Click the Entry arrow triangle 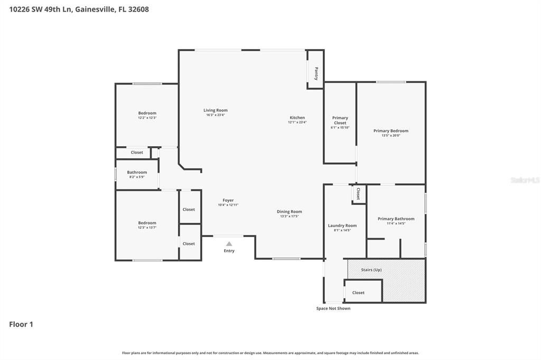coord(229,244)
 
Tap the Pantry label coord(316,73)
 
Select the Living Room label coord(216,110)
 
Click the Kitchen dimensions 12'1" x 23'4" coord(297,122)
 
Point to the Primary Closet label coord(340,120)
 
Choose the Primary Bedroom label coord(390,131)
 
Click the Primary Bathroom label coord(396,219)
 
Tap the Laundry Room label coord(342,225)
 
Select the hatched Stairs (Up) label coord(371,270)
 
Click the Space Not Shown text coord(333,308)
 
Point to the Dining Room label coord(289,212)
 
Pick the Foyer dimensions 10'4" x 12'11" coord(228,205)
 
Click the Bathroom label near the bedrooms coord(137,172)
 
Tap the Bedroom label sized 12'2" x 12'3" coord(147,113)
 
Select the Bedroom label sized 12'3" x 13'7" coord(147,223)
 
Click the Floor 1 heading coord(21,324)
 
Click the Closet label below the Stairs coord(358,292)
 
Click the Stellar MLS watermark coord(525,180)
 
